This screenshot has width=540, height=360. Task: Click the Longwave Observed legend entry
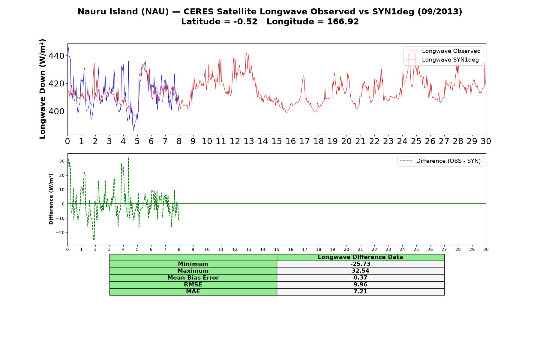[443, 51]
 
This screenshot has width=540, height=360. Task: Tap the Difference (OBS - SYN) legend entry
[440, 161]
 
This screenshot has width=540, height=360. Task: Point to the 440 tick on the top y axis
[56, 56]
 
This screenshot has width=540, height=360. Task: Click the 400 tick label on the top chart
[56, 111]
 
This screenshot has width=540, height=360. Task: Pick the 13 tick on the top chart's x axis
[249, 141]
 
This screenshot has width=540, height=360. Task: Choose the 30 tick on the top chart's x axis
[486, 141]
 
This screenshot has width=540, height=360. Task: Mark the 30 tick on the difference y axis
[62, 161]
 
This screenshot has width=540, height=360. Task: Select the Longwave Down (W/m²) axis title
[42, 89]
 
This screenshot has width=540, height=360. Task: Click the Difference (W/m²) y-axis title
[51, 199]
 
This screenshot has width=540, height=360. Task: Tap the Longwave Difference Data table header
[360, 257]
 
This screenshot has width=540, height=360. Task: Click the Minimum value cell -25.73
[360, 264]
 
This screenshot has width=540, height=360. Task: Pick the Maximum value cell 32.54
[360, 271]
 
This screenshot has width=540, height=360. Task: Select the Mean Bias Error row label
[193, 278]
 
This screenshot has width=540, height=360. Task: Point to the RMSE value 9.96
[360, 285]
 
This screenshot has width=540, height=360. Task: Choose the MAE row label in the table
[193, 292]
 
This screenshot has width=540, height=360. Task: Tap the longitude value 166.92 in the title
[343, 22]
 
